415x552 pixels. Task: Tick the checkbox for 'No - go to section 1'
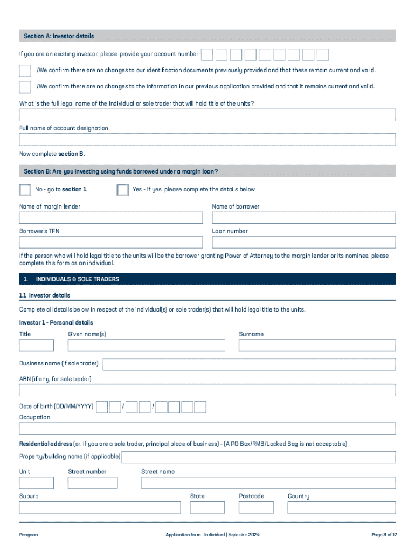tap(25, 190)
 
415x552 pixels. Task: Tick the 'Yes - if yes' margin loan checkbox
tap(123, 190)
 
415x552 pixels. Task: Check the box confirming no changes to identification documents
tap(25, 71)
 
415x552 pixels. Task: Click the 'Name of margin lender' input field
tap(111, 218)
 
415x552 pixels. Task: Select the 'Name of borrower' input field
tap(303, 218)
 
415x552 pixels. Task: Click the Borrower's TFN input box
tap(111, 242)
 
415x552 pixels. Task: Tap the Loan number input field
tap(303, 242)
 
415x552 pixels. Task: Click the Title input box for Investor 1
tap(37, 346)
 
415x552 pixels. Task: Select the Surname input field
tap(317, 346)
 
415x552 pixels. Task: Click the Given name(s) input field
tap(146, 346)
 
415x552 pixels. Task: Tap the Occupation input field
tap(207, 429)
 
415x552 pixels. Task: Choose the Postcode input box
tap(256, 507)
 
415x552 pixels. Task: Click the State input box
tap(207, 507)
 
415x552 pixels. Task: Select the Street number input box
tap(92, 482)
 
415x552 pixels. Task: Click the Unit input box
tap(37, 482)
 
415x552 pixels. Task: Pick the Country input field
tap(341, 507)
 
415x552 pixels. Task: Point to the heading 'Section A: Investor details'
tap(59, 36)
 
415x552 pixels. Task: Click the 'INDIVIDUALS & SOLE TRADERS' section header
tap(77, 279)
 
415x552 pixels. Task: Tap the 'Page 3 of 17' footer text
tap(384, 535)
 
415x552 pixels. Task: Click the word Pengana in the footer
tap(29, 535)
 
